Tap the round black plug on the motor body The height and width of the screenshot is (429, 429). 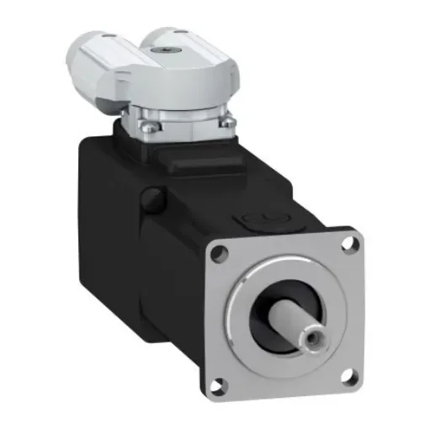[x=151, y=200]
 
